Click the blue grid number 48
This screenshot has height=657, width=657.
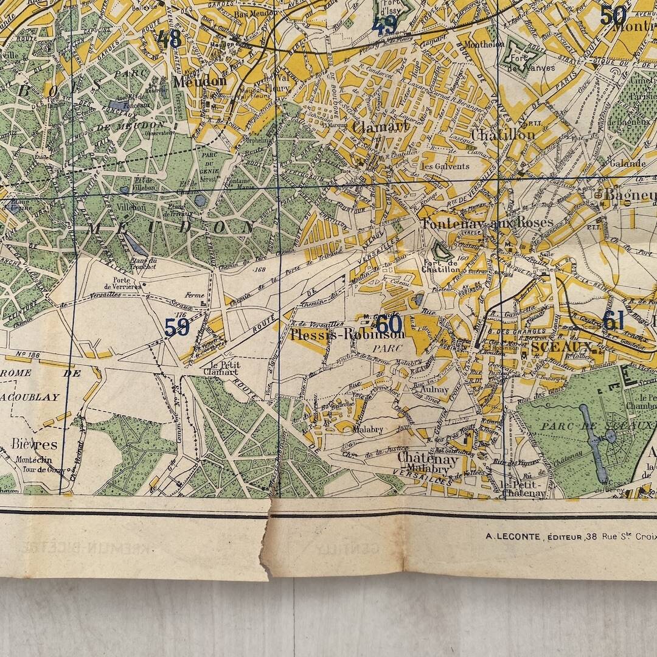click(169, 40)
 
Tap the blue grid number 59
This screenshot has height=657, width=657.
click(177, 327)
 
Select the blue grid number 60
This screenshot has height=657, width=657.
click(389, 323)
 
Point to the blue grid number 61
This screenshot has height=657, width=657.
click(613, 320)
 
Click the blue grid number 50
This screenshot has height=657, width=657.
click(613, 15)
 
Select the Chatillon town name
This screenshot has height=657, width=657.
click(503, 134)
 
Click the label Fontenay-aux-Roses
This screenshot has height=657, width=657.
click(487, 223)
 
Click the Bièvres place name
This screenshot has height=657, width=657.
click(34, 444)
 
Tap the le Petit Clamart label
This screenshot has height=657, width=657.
click(221, 368)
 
